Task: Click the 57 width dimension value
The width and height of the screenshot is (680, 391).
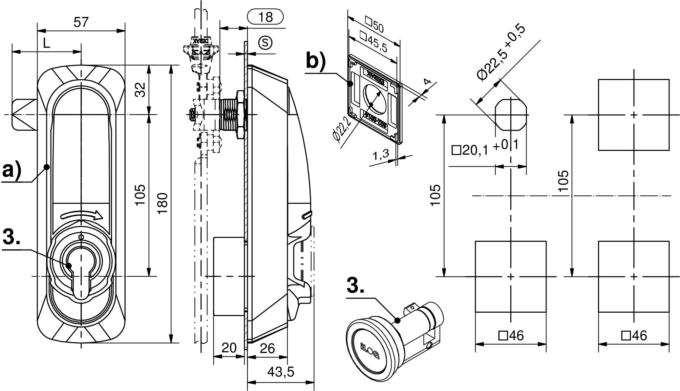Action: click(x=81, y=22)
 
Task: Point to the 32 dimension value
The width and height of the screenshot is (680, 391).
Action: click(x=140, y=90)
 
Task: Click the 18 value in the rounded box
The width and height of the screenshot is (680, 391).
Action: click(x=265, y=17)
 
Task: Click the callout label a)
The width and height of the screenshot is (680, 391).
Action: click(x=12, y=170)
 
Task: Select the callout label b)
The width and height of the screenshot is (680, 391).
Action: click(x=316, y=61)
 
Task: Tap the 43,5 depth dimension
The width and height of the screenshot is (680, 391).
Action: click(x=281, y=372)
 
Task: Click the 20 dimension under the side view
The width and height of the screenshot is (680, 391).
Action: click(x=229, y=348)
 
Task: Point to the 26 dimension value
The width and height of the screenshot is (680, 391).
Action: click(x=267, y=348)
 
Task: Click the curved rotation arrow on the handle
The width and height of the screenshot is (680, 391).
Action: click(x=81, y=215)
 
